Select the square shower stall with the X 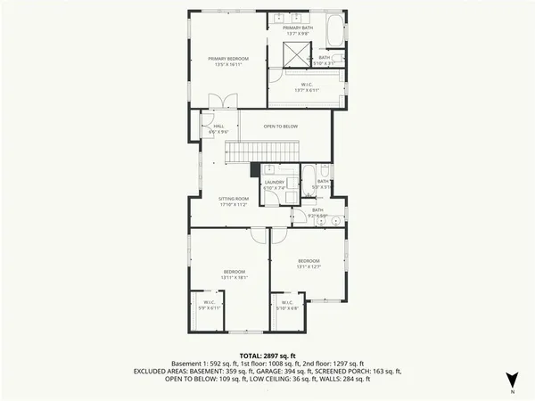[294, 55]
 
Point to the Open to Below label [280, 127]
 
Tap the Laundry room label [274, 184]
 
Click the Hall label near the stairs [218, 128]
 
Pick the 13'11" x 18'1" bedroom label [235, 274]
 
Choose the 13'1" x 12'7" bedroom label [309, 264]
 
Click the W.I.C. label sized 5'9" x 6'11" [207, 305]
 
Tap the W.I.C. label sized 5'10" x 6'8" [287, 305]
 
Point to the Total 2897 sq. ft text [267, 355]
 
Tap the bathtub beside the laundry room [307, 178]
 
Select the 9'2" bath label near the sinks [318, 212]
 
